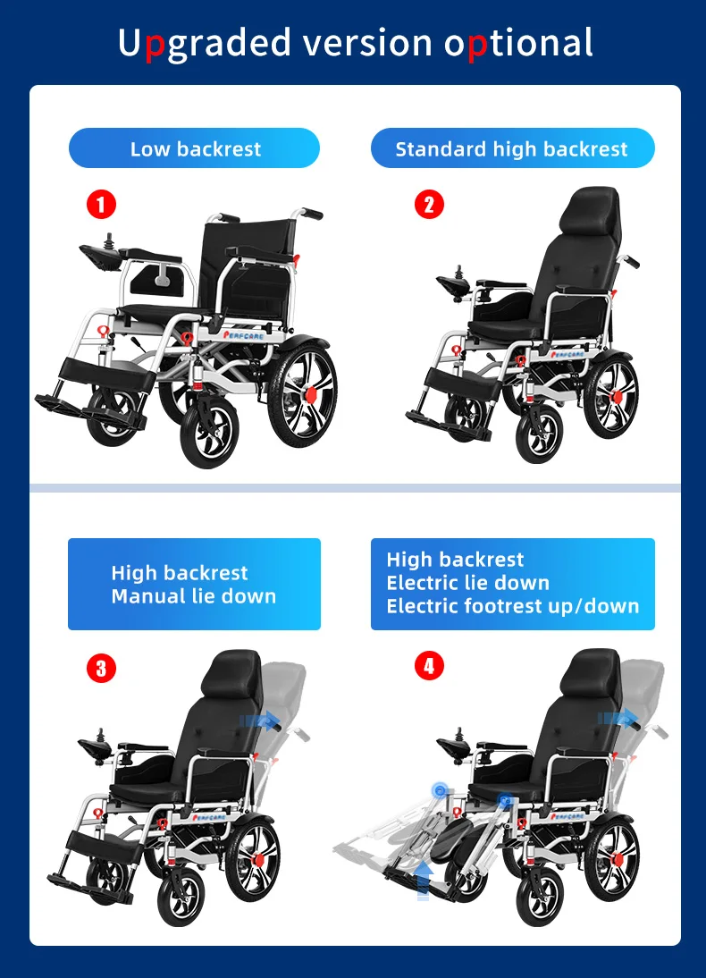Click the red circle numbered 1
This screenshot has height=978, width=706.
101,205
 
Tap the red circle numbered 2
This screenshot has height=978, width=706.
429,205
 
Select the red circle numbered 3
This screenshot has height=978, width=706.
101,668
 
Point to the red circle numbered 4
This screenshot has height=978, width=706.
429,666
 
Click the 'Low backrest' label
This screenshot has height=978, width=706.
195,149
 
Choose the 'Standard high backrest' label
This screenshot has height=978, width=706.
512,149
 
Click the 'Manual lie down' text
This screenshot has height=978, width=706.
193,596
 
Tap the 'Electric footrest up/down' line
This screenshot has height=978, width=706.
512,606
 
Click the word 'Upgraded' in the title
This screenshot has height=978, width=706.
205,43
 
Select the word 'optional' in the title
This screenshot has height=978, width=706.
518,43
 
